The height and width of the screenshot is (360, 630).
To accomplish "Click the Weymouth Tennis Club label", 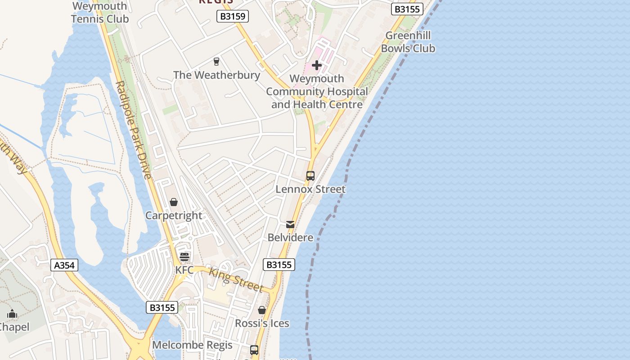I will pyautogui.click(x=99, y=13).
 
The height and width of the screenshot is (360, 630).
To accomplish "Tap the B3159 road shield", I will pyautogui.click(x=233, y=17).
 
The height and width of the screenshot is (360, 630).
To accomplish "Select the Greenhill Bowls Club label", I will pyautogui.click(x=408, y=42).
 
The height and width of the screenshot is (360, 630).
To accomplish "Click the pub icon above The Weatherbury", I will pyautogui.click(x=216, y=62).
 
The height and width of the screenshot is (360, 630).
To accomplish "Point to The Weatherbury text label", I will pyautogui.click(x=216, y=75).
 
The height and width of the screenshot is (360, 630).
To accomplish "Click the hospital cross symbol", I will pyautogui.click(x=317, y=65).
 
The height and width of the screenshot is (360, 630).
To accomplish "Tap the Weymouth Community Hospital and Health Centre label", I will pyautogui.click(x=317, y=91).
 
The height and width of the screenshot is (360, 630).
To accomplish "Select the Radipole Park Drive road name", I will pyautogui.click(x=134, y=130).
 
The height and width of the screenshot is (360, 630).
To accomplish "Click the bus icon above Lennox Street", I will pyautogui.click(x=310, y=176).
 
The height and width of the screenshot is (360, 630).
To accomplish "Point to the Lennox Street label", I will pyautogui.click(x=310, y=189).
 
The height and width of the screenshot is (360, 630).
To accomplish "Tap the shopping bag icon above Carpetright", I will pyautogui.click(x=174, y=202).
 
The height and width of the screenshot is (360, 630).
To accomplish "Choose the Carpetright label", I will pyautogui.click(x=174, y=216).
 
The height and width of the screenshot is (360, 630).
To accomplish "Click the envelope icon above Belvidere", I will pyautogui.click(x=290, y=224).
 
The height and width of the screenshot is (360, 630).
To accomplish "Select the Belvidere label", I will pyautogui.click(x=290, y=237).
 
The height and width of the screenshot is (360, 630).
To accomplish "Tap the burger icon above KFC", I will pyautogui.click(x=184, y=257).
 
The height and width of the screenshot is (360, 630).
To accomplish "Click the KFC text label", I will pyautogui.click(x=184, y=270).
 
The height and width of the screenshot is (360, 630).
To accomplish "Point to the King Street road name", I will pyautogui.click(x=236, y=279).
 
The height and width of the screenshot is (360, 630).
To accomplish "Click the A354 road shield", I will pyautogui.click(x=64, y=265).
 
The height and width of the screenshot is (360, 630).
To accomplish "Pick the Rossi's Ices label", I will pyautogui.click(x=262, y=323).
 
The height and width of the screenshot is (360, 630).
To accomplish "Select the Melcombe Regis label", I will pyautogui.click(x=192, y=345).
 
